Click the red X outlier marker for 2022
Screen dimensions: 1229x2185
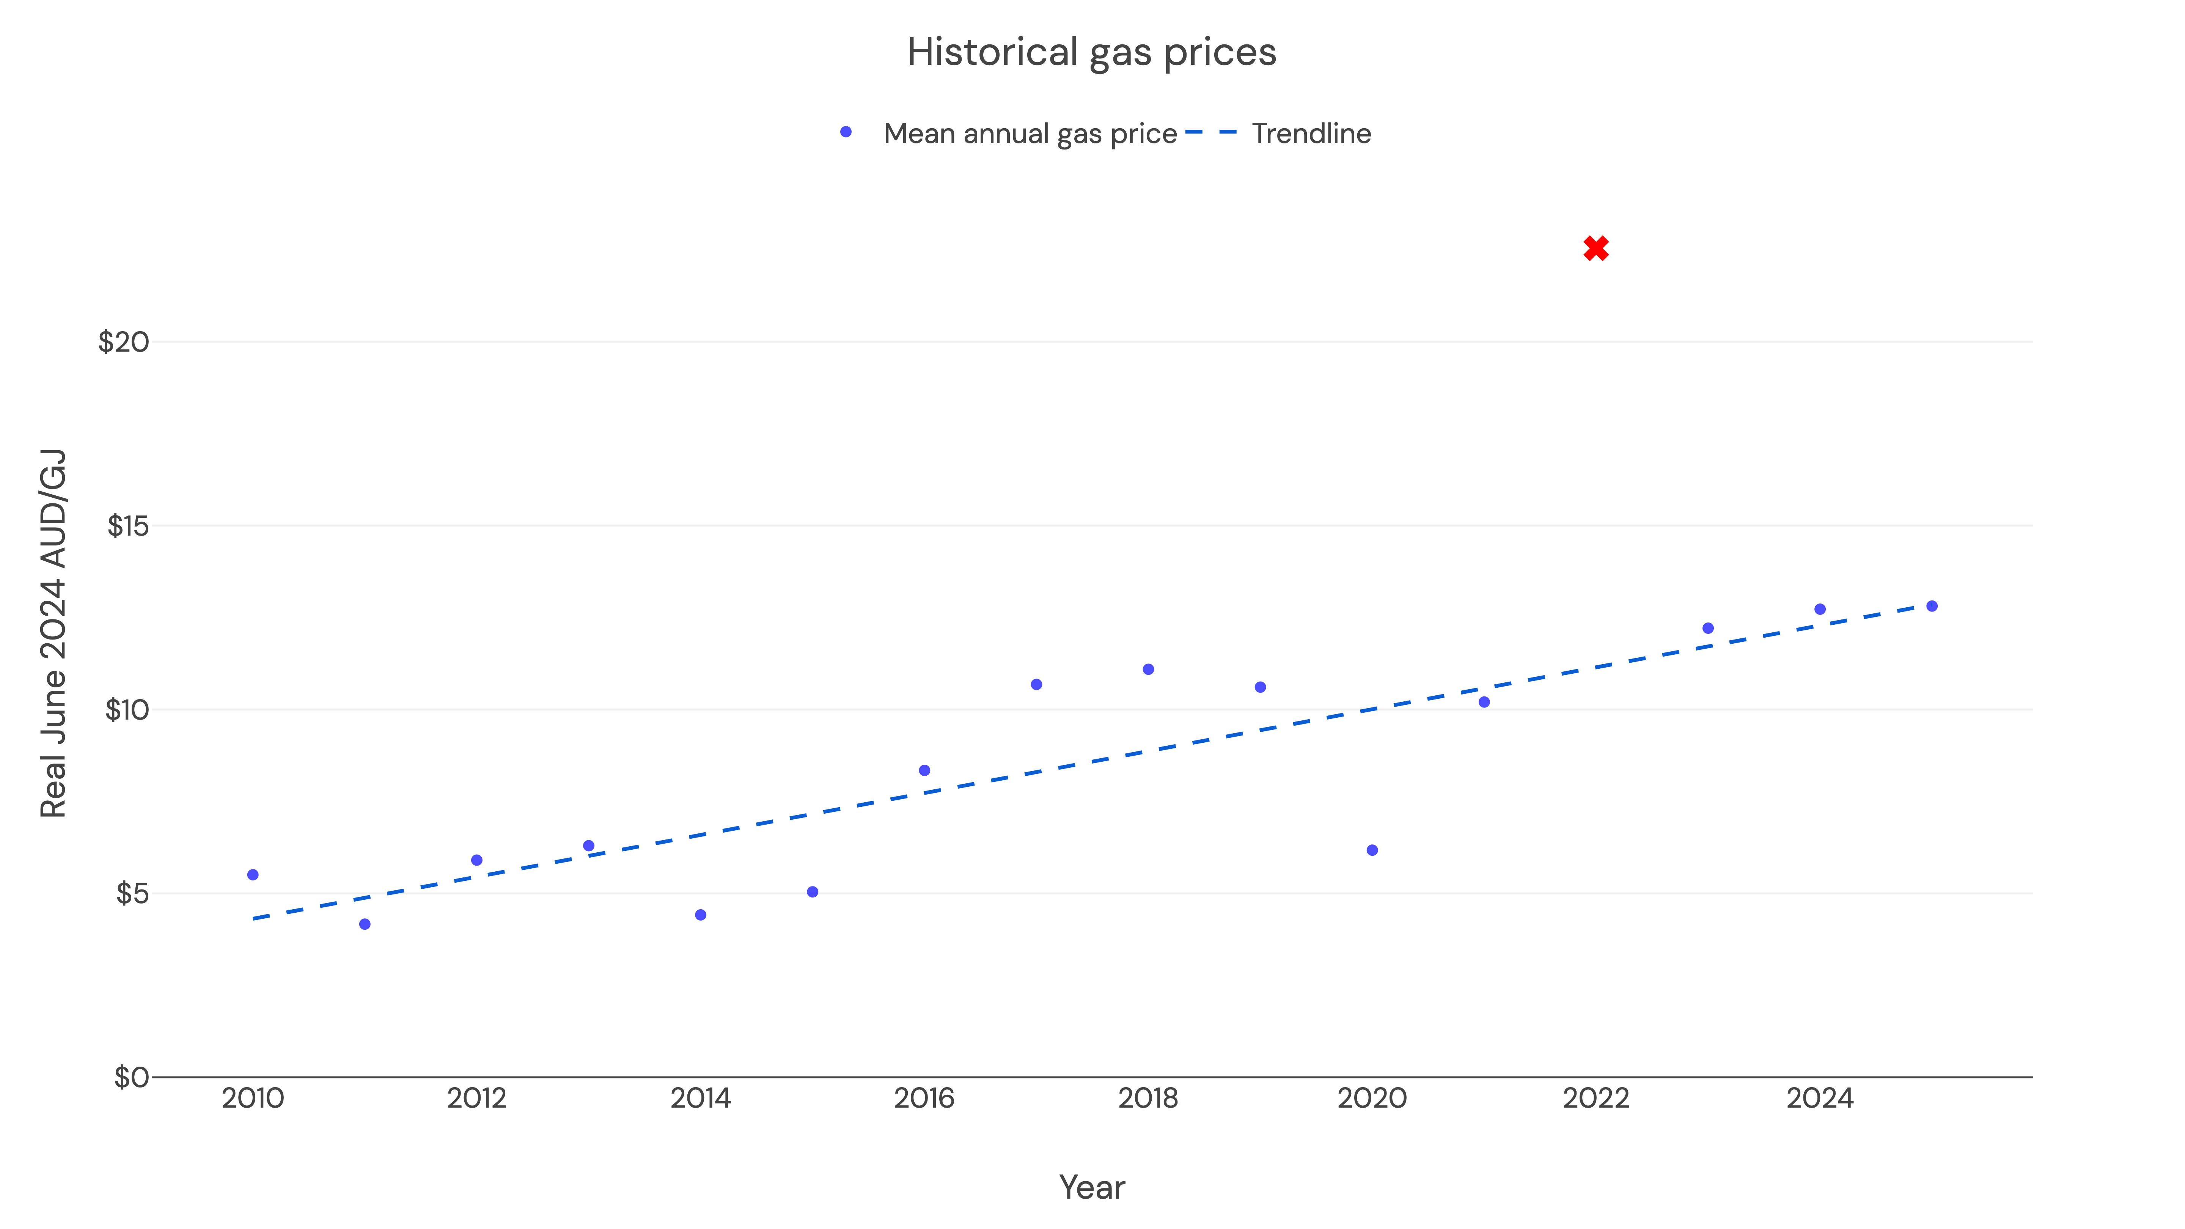click(1596, 248)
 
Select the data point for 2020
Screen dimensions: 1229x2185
click(1372, 850)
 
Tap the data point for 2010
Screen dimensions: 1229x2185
click(253, 874)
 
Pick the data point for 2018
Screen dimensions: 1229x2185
click(1148, 669)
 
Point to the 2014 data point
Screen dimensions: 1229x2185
click(701, 914)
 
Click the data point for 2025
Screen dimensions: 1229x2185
click(1931, 606)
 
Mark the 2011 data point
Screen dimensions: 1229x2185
click(365, 924)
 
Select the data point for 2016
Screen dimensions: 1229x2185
click(924, 770)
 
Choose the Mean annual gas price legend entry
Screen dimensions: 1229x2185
click(1030, 133)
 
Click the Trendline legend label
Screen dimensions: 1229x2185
click(1311, 133)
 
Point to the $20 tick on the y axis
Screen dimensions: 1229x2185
click(124, 342)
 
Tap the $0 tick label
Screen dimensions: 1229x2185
click(132, 1077)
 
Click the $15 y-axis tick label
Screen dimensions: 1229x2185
click(127, 526)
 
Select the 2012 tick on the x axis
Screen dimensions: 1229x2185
click(477, 1099)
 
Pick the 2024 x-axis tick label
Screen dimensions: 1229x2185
click(1819, 1099)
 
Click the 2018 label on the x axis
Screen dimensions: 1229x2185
click(1148, 1099)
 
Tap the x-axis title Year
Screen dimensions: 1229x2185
click(1092, 1187)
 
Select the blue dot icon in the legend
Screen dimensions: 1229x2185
click(846, 132)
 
